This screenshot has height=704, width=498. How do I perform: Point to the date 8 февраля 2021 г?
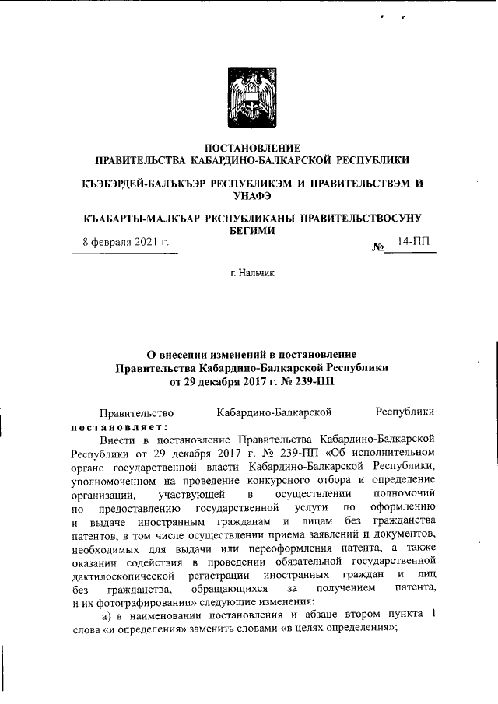pos(126,242)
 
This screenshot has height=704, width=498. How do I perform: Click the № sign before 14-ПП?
pos(379,248)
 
